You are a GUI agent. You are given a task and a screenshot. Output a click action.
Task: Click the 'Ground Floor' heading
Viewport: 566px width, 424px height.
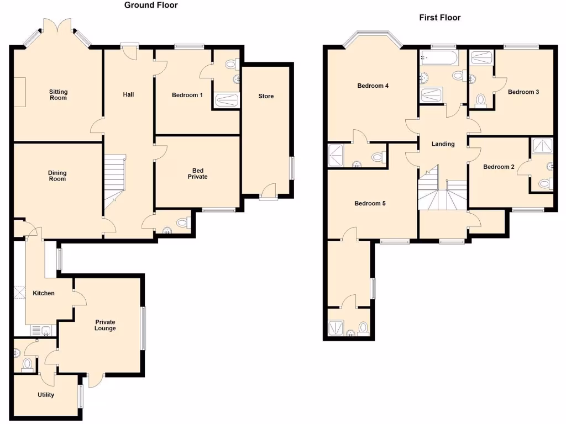point(151,5)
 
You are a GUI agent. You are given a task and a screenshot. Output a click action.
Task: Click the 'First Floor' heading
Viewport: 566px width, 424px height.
point(439,18)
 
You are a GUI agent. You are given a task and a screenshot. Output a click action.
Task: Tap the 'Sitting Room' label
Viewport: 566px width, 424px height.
point(58,95)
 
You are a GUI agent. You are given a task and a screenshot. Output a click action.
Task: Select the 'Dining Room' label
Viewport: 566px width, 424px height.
point(57,176)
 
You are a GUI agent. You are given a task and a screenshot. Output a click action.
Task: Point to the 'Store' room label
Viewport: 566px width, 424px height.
point(266,96)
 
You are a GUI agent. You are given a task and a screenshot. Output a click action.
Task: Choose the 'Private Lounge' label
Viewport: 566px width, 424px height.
point(105,325)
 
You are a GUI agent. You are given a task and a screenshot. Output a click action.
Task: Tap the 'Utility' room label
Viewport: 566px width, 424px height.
point(46,395)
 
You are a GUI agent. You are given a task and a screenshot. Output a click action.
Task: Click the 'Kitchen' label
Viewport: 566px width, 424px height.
point(43,293)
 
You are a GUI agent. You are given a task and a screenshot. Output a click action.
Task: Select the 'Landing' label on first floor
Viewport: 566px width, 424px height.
point(443,144)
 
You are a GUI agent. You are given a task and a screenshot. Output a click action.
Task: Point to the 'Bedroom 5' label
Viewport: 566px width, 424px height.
point(370,203)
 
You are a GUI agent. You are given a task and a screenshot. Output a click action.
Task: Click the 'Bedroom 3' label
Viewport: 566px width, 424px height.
point(523,92)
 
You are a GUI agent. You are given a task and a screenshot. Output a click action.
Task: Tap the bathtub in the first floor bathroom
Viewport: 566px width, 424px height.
point(438,56)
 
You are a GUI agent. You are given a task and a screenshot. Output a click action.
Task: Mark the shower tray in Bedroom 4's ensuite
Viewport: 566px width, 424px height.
point(336,155)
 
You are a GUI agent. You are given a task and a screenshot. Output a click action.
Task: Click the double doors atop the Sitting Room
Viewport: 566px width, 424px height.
point(57,26)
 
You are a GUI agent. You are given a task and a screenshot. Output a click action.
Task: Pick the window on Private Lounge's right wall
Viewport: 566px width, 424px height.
point(144,328)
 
